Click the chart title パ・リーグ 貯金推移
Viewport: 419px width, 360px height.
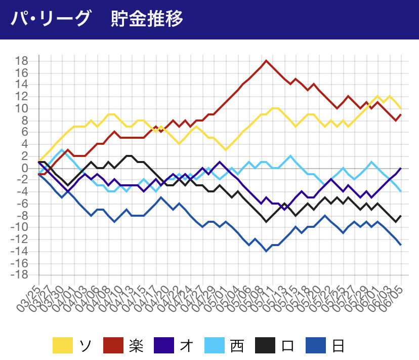tap(97, 19)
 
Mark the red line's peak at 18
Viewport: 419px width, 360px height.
tap(266, 61)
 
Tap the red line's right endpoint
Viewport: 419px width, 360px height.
tap(401, 114)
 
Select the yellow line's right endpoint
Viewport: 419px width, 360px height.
tap(401, 108)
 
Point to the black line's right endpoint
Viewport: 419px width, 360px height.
tap(401, 216)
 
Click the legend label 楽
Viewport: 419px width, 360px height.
tap(135, 346)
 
